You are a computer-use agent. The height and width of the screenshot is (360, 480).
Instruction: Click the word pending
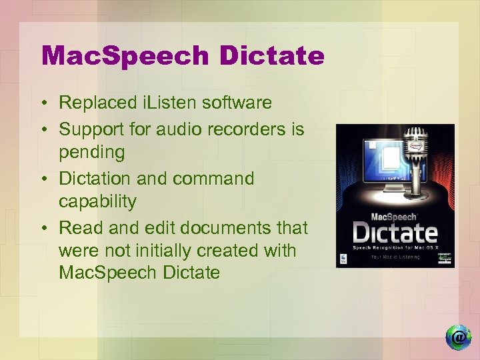91,152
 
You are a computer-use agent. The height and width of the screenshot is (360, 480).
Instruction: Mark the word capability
97,201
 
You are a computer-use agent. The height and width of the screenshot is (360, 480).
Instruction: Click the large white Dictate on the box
395,232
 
